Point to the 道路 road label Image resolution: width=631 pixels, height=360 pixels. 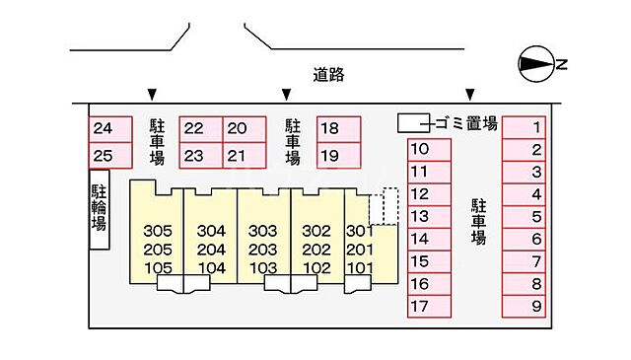click(329, 74)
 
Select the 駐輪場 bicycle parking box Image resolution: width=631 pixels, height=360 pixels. click(100, 208)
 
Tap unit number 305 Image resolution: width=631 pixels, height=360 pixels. click(158, 231)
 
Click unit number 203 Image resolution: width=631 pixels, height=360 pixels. click(262, 250)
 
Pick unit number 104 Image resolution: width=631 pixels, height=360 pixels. click(211, 267)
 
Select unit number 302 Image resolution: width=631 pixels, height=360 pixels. click(315, 231)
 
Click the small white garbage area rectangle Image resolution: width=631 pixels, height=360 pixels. click(413, 123)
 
